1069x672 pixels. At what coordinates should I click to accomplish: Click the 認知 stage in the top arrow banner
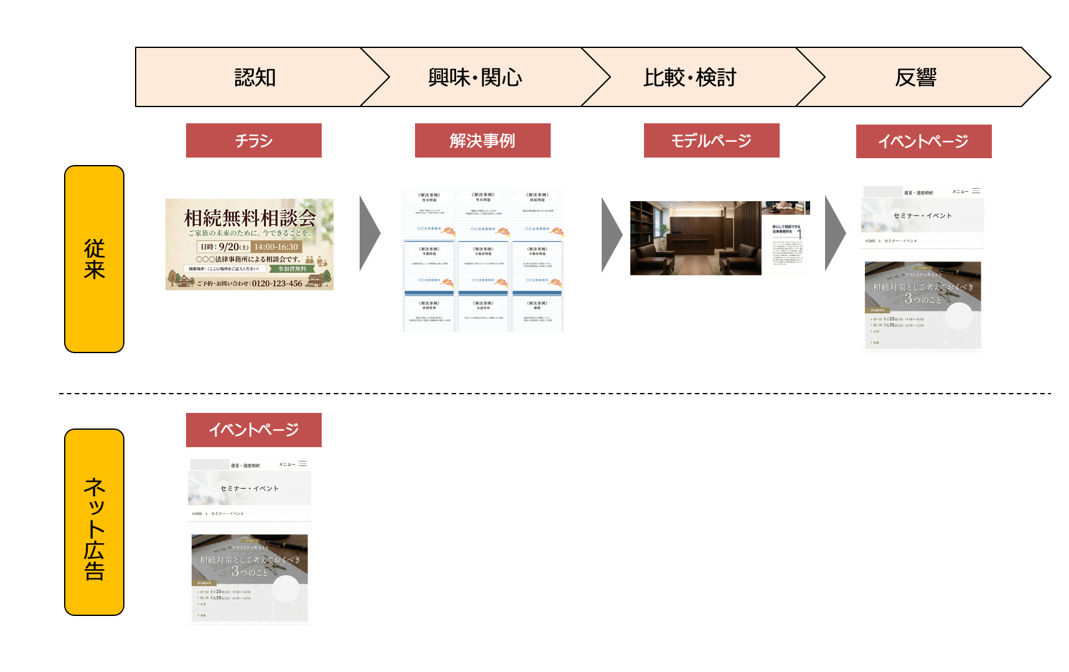point(254,78)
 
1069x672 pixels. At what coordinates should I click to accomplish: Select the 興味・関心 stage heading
point(475,78)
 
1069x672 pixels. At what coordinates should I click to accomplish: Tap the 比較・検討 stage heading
point(689,78)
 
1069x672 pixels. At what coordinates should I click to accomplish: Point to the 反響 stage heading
point(915,78)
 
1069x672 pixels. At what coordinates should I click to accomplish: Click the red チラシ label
point(254,141)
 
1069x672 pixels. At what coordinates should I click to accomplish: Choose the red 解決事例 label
point(482,141)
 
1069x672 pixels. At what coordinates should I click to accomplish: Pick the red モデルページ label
point(711,141)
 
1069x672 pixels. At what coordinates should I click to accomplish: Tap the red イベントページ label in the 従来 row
point(923,141)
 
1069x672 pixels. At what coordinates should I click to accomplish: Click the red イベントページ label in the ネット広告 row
point(254,430)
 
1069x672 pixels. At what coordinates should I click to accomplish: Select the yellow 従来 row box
point(94,259)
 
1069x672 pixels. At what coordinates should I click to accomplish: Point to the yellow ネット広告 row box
point(94,522)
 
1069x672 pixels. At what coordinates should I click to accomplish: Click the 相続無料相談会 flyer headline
point(250,218)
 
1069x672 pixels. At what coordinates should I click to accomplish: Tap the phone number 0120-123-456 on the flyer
point(277,283)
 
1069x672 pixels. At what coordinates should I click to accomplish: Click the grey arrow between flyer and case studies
point(370,234)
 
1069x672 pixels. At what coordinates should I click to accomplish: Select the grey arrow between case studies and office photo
point(612,235)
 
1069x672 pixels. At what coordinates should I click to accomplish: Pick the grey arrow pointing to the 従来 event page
point(835,234)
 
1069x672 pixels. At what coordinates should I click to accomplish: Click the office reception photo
point(695,238)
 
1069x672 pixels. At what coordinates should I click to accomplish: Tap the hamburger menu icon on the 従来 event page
point(976,191)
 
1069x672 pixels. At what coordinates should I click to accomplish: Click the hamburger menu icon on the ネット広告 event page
point(302,464)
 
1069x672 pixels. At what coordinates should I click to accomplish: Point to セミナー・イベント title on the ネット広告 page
point(250,489)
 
